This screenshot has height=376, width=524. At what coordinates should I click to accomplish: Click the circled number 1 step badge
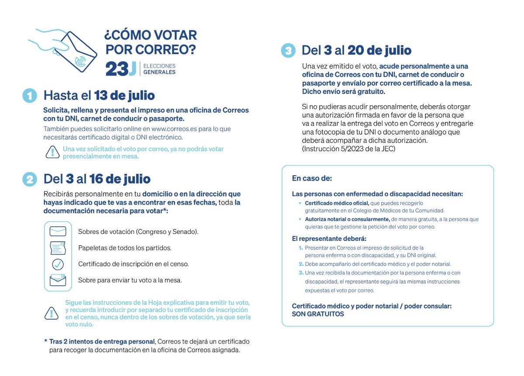coord(30,96)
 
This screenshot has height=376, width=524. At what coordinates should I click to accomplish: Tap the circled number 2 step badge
coord(30,179)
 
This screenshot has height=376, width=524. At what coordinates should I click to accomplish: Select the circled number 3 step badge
coord(288,51)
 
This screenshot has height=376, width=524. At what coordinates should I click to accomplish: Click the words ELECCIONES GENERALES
coord(159,69)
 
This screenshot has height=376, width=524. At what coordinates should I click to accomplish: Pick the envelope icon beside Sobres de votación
coord(58,231)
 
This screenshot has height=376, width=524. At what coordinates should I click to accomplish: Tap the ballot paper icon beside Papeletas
coord(58,247)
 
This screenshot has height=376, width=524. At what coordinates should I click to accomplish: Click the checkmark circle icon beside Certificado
coord(58,264)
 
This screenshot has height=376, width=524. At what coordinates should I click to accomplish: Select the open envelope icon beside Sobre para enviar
coord(58,280)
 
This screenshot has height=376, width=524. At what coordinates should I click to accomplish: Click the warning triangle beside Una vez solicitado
coord(52,152)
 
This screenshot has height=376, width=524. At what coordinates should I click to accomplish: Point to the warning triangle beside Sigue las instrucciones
coord(52,313)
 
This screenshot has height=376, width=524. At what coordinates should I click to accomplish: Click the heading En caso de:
coord(312,178)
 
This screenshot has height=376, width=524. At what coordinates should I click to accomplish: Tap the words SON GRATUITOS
coord(317,314)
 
